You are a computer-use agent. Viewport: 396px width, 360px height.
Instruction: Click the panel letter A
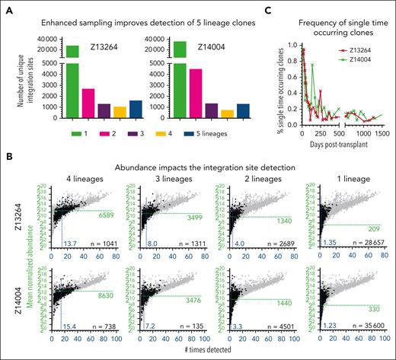pyautogui.click(x=7, y=8)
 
